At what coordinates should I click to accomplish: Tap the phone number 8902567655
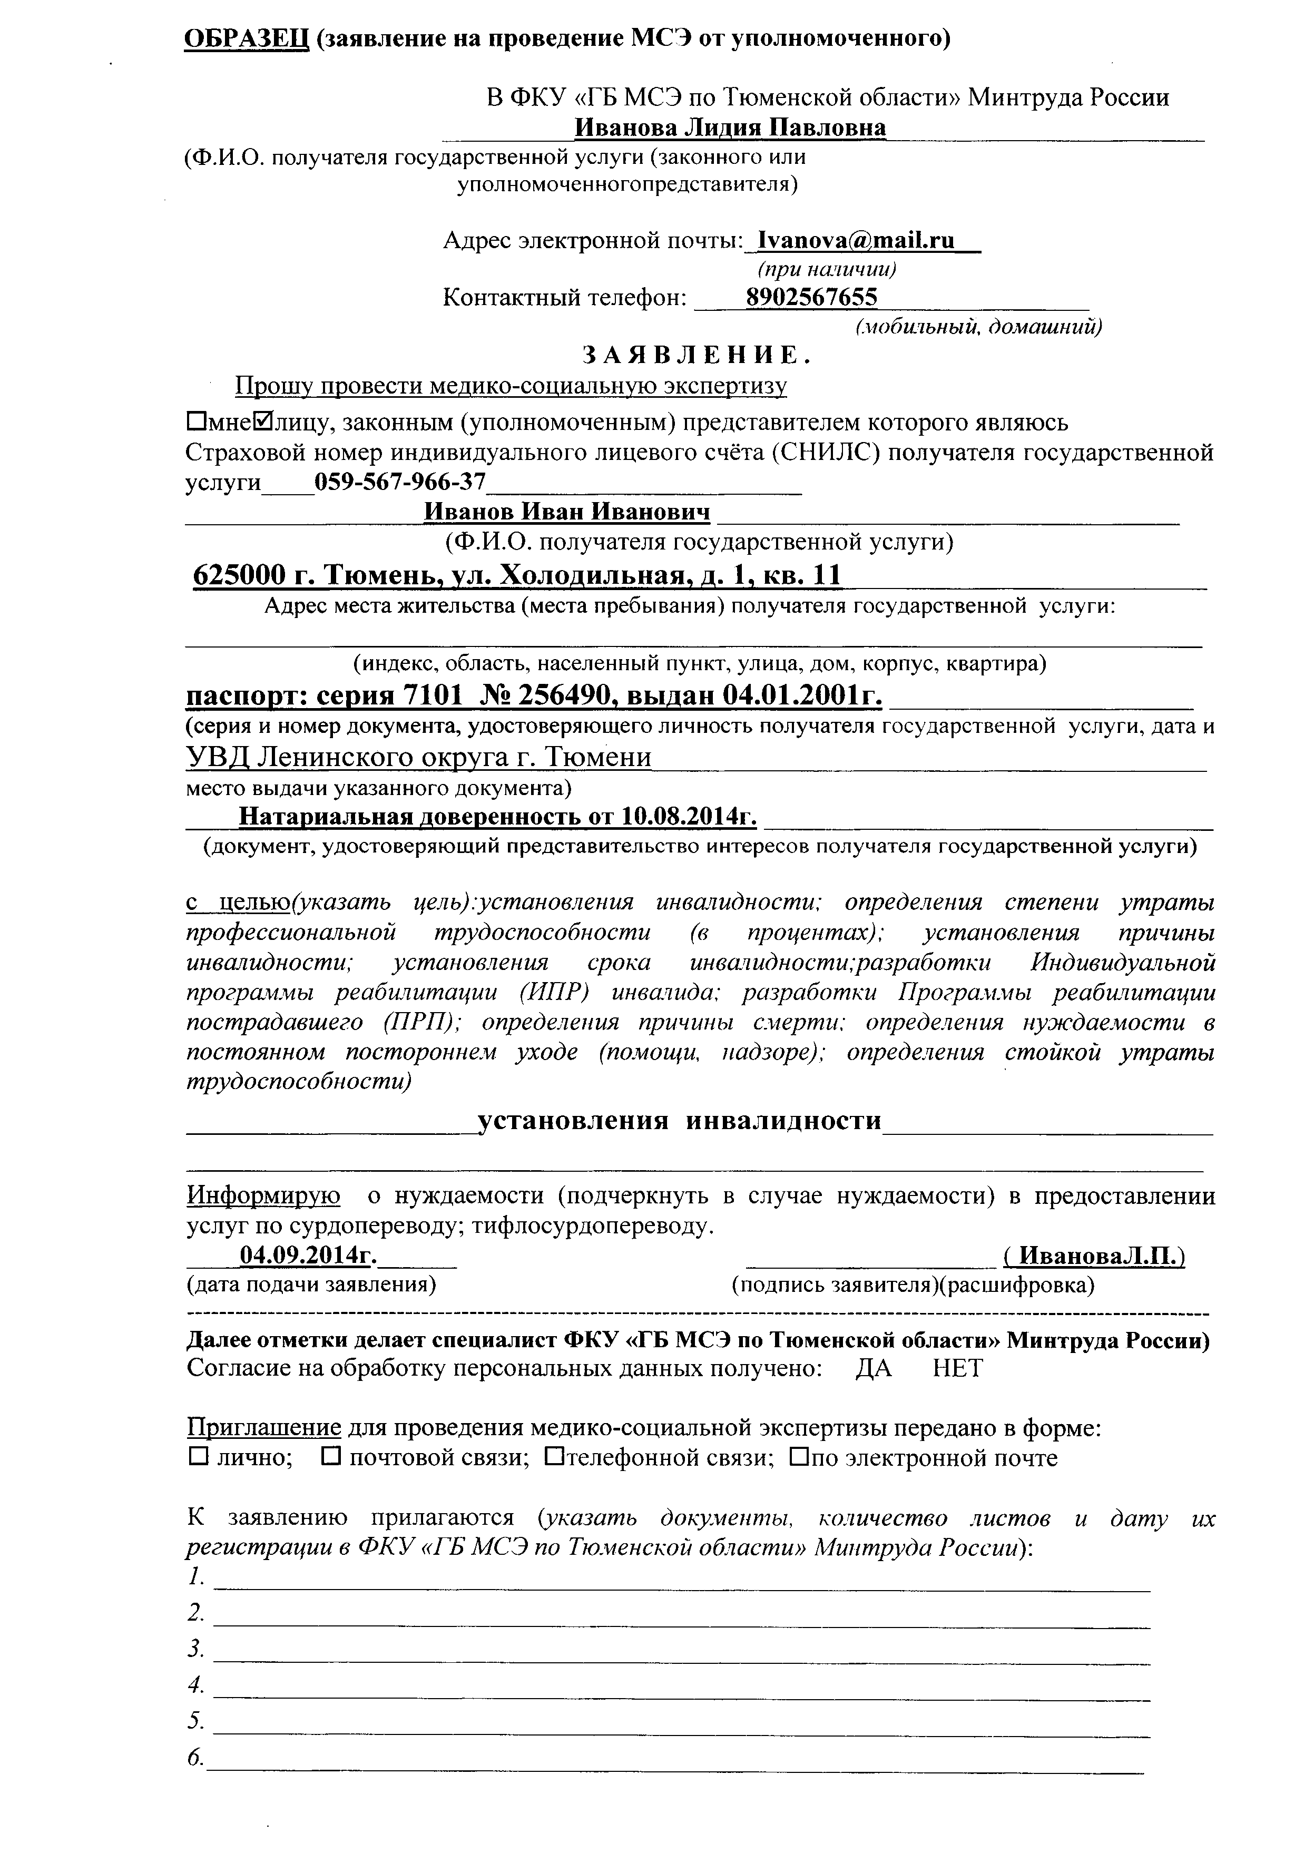(811, 297)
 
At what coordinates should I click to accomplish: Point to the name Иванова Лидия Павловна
(730, 128)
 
